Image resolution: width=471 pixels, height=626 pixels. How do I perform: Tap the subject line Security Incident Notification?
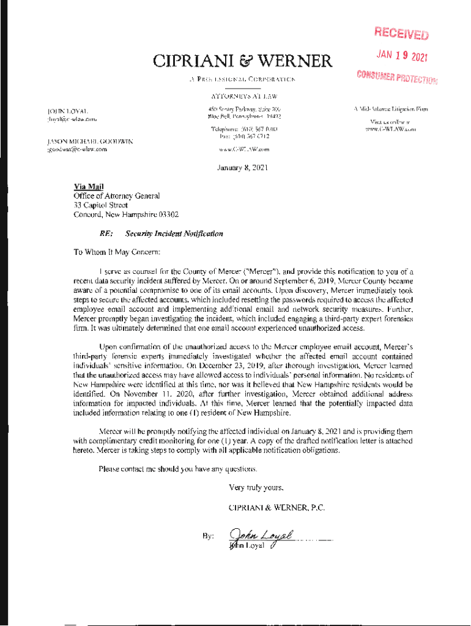(x=174, y=234)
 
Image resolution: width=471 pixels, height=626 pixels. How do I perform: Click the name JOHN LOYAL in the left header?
(x=68, y=111)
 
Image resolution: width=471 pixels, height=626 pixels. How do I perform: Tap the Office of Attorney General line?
(x=116, y=196)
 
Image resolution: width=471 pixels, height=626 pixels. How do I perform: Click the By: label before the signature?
(x=207, y=536)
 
